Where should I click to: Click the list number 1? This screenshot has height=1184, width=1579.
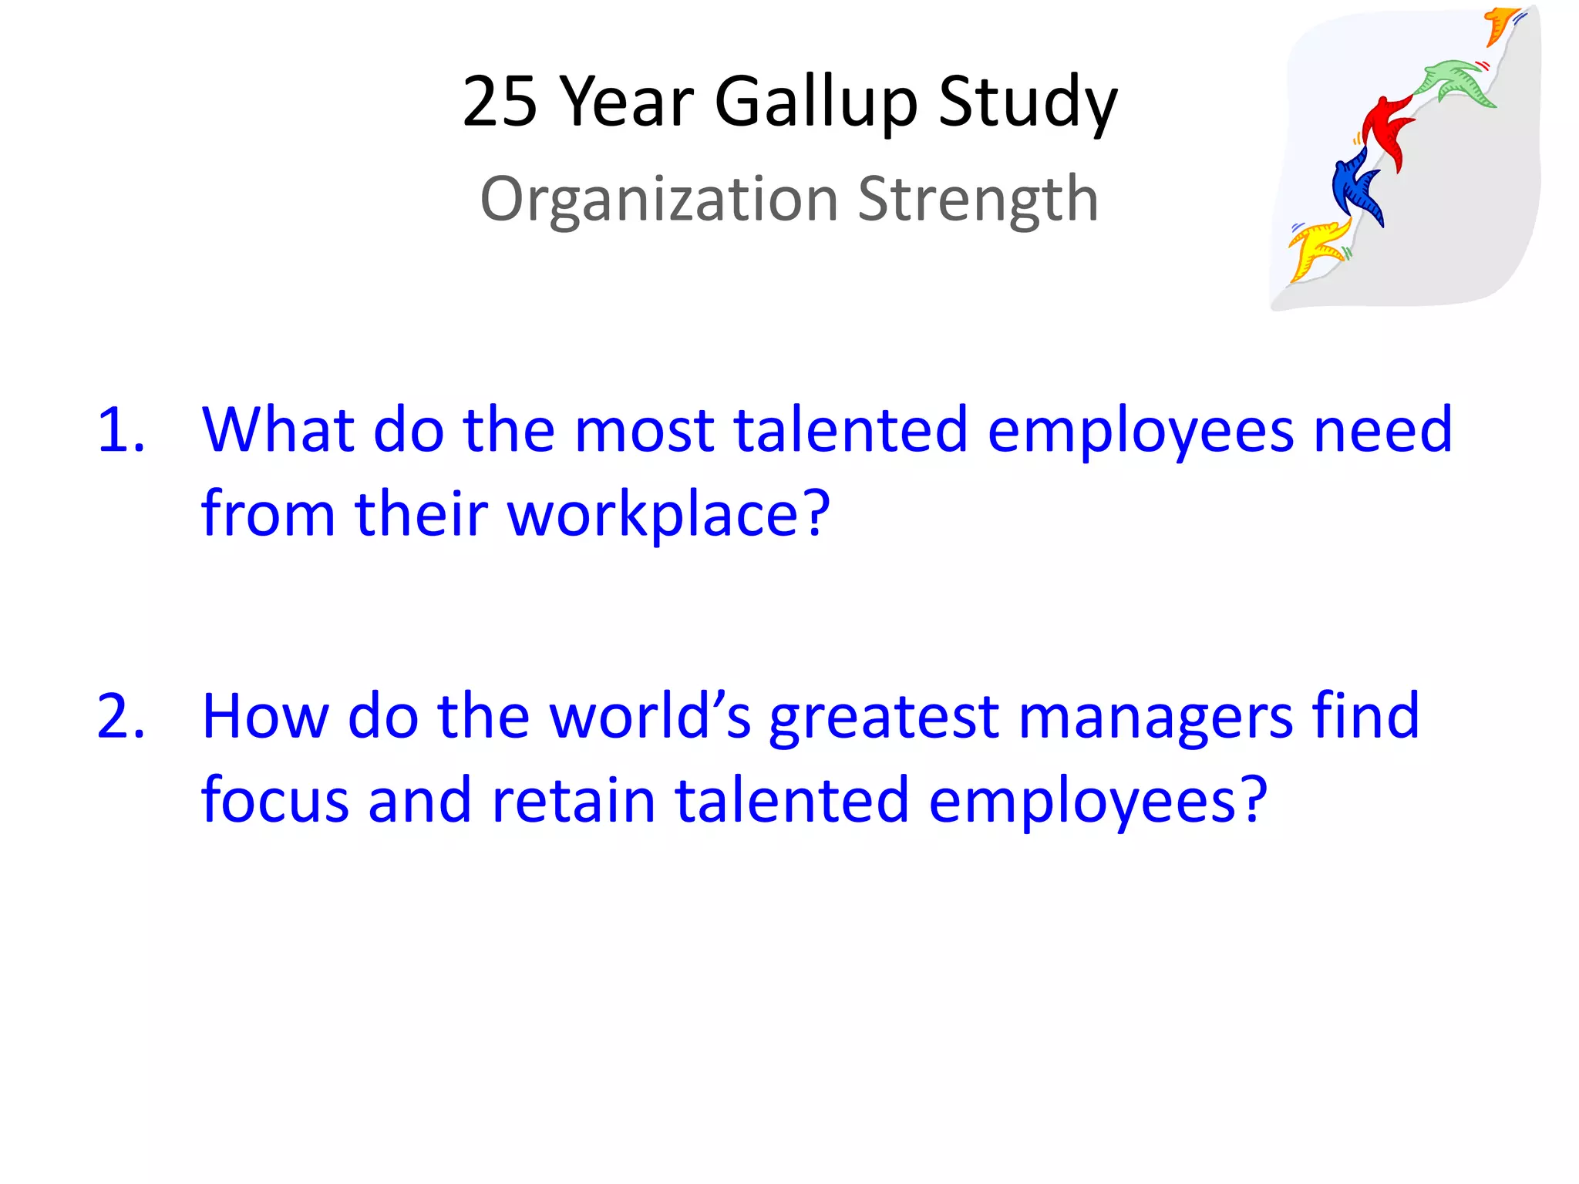[120, 430]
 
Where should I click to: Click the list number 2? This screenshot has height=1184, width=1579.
[120, 717]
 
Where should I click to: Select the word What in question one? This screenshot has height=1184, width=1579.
[278, 429]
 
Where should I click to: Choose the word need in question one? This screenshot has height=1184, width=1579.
[1382, 429]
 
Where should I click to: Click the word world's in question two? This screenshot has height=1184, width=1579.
[650, 717]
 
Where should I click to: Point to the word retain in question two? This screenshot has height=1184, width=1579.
[574, 800]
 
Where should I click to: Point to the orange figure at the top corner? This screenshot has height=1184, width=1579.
[1500, 23]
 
